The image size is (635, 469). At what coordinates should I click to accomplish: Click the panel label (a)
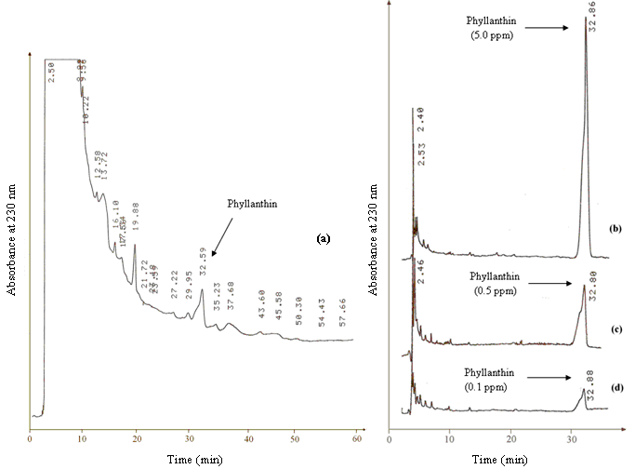[x=324, y=238]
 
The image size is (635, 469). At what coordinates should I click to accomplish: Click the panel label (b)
[x=615, y=228]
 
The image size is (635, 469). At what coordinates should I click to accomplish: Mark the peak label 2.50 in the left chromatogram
[x=53, y=73]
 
